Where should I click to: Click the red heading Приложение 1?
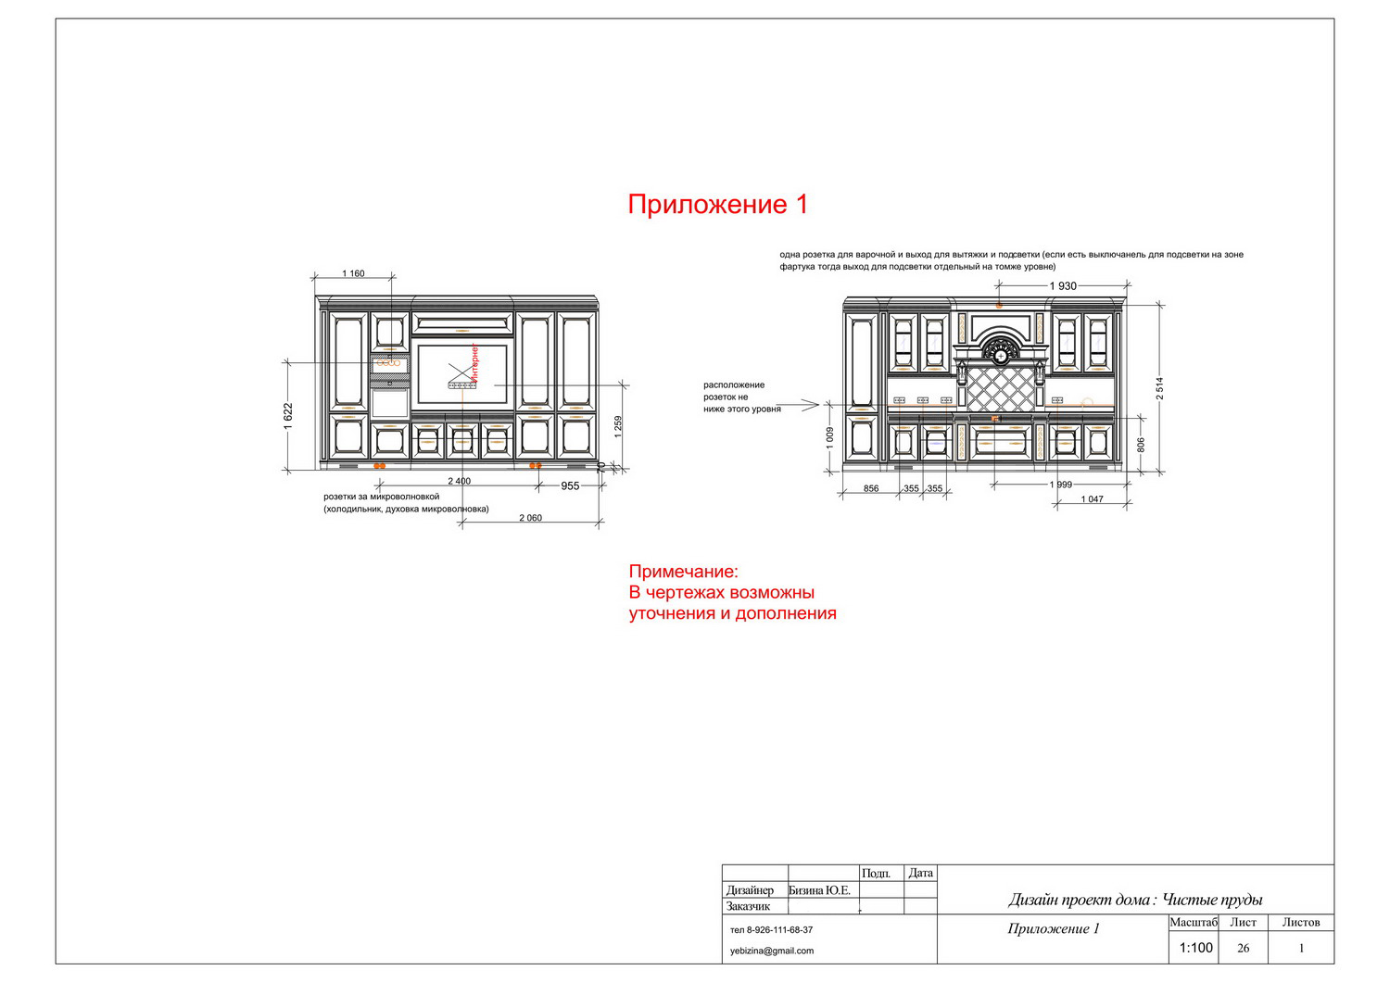(718, 204)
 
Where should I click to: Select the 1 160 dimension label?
(353, 273)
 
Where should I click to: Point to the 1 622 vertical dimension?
(288, 416)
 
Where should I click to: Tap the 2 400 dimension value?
(460, 481)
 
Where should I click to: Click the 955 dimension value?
(570, 485)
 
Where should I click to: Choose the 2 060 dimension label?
(531, 518)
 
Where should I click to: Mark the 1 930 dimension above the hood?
(1063, 286)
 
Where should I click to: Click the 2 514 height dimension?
(1160, 388)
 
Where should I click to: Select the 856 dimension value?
(871, 488)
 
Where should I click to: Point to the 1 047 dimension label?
(1093, 499)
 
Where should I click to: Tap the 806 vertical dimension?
(1141, 445)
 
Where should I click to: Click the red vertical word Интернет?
(474, 361)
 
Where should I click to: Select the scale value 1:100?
(1195, 948)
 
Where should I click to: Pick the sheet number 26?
(1243, 948)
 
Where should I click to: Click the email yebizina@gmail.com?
(772, 951)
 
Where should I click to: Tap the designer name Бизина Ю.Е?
(819, 890)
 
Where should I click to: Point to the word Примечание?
(683, 572)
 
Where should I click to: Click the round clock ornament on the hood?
(1000, 355)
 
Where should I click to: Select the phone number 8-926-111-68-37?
(780, 929)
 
